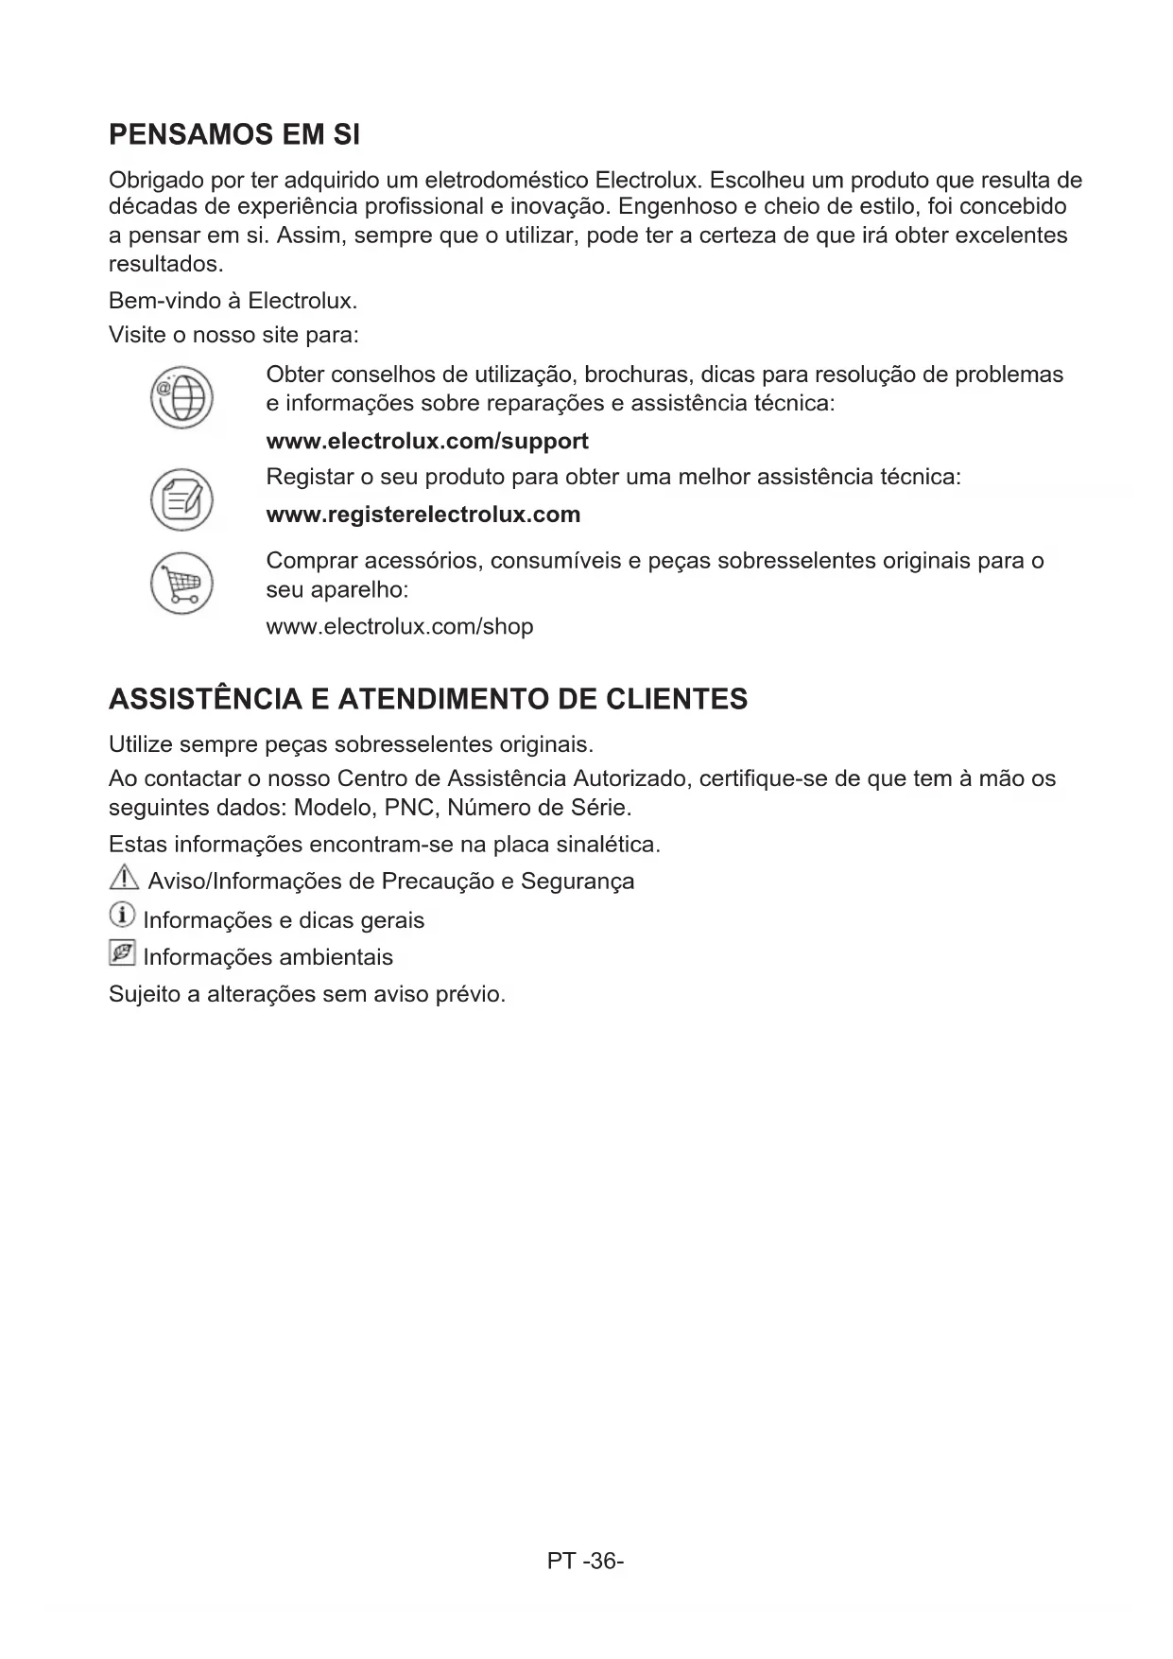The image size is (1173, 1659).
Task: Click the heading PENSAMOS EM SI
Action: tap(234, 135)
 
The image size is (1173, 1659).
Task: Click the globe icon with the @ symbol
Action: tap(181, 397)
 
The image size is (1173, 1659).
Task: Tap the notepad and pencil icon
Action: tap(181, 498)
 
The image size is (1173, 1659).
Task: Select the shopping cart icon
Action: tap(181, 583)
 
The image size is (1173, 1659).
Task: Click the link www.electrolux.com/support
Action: tap(427, 442)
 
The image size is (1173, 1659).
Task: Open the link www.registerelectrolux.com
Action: tap(423, 515)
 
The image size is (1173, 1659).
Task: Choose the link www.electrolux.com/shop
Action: tap(400, 626)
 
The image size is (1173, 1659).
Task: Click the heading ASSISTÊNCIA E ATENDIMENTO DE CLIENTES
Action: tap(428, 700)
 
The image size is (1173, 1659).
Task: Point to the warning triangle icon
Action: tap(123, 879)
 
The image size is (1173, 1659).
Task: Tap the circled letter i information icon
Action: tap(122, 915)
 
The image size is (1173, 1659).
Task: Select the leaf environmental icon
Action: tap(122, 952)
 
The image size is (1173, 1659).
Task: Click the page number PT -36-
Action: tap(585, 1561)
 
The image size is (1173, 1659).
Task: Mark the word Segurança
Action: tap(578, 882)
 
